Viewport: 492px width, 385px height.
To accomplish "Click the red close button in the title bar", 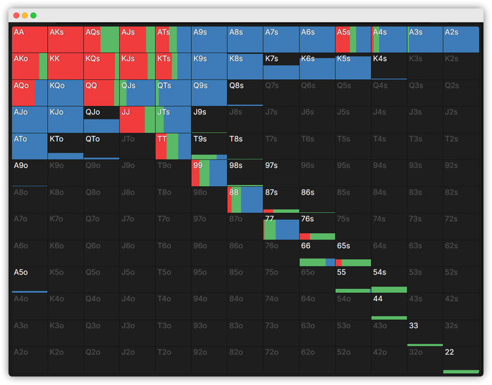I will [x=16, y=15].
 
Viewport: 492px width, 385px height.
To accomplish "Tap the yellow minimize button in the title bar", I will [x=25, y=15].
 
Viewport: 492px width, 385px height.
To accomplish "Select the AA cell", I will [x=30, y=39].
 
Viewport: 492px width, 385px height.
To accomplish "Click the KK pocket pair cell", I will [x=65, y=66].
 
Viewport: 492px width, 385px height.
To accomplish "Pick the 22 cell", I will [x=460, y=360].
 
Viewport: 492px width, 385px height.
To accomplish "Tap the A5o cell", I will [x=30, y=280].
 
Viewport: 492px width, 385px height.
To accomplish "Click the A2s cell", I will [x=460, y=39].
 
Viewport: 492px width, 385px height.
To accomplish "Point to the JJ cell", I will [x=137, y=119].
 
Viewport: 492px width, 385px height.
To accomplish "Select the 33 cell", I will [x=425, y=334].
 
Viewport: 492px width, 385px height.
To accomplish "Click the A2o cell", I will [x=30, y=360].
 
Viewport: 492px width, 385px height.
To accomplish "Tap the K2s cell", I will [x=460, y=66].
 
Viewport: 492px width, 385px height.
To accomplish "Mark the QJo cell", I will [x=101, y=119].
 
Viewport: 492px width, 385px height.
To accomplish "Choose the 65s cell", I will [x=353, y=253].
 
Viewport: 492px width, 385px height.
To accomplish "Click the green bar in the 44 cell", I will [x=389, y=318].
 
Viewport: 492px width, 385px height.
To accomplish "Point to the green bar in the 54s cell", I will [x=389, y=289].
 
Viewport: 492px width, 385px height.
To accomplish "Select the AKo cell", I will [x=30, y=66].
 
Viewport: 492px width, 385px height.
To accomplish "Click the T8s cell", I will [x=245, y=146].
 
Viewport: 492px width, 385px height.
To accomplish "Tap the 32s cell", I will [x=460, y=334].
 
